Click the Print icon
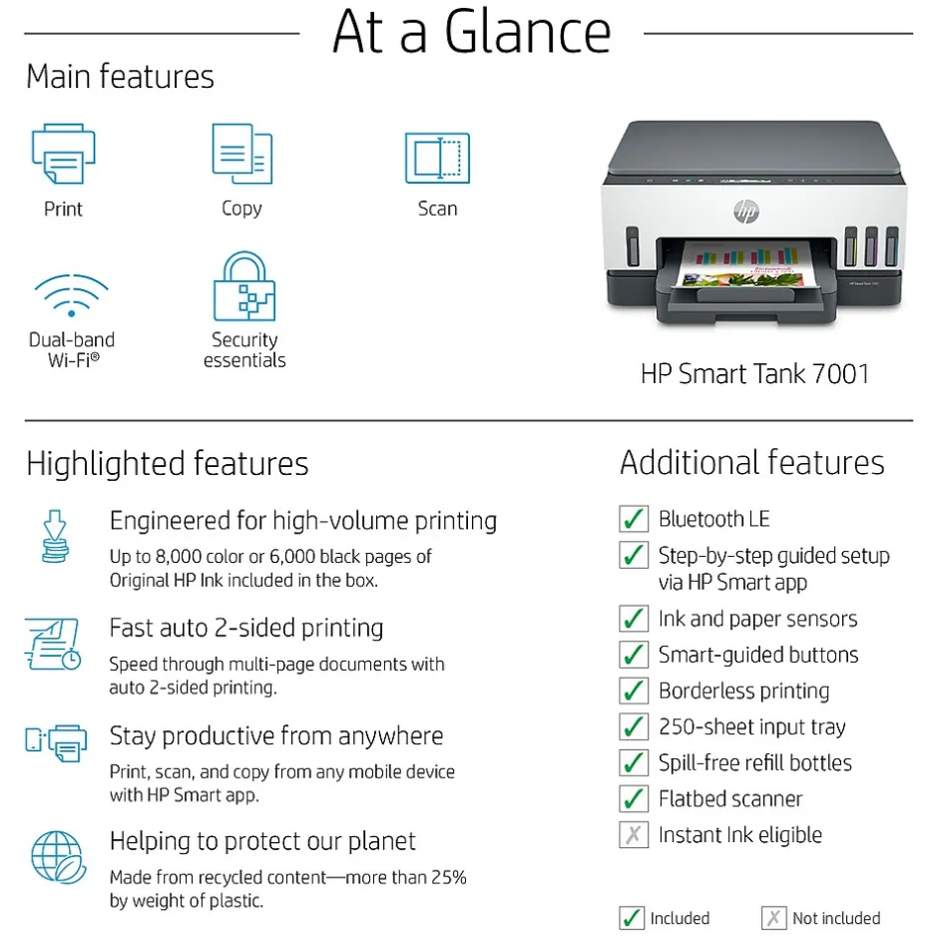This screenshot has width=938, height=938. click(64, 154)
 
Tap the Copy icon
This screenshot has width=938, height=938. click(242, 154)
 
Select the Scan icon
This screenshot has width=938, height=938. click(437, 158)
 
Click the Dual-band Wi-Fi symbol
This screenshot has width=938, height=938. click(72, 295)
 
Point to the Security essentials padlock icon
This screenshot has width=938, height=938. click(244, 286)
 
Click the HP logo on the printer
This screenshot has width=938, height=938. click(746, 212)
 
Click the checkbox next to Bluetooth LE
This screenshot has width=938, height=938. click(634, 519)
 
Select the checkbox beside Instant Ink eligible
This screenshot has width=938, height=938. click(634, 834)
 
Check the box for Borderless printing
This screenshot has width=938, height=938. click(634, 691)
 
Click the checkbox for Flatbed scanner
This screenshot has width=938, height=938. click(634, 798)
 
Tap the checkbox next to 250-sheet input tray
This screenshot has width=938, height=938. click(634, 726)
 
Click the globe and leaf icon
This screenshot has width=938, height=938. click(58, 857)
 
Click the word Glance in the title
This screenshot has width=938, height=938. click(528, 32)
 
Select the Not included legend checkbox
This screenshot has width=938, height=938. click(773, 918)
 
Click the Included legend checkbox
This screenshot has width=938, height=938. click(632, 918)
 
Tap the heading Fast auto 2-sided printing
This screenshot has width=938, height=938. click(246, 628)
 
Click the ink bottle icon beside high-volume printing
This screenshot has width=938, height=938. click(55, 536)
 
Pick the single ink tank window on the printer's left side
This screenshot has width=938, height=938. click(633, 245)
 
